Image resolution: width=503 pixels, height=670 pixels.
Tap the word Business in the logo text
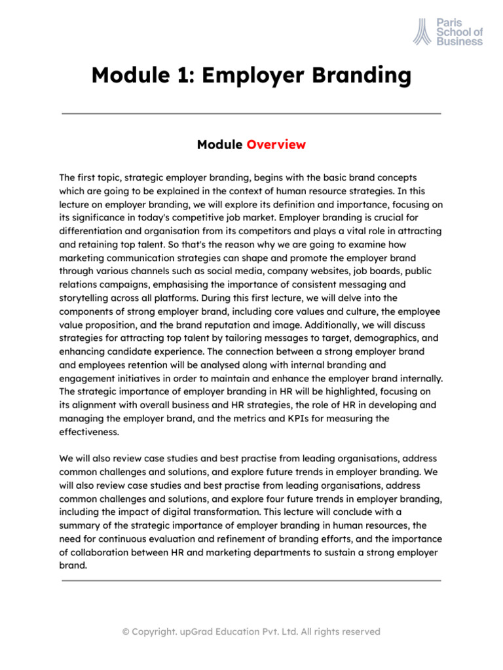click(460, 41)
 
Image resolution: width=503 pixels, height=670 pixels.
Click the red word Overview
click(276, 145)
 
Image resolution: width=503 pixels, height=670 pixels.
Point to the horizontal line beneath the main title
click(251, 113)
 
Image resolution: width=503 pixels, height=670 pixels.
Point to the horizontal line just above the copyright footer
click(251, 580)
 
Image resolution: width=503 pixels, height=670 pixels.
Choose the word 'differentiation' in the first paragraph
click(92, 231)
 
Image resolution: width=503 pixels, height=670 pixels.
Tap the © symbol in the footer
click(126, 631)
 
